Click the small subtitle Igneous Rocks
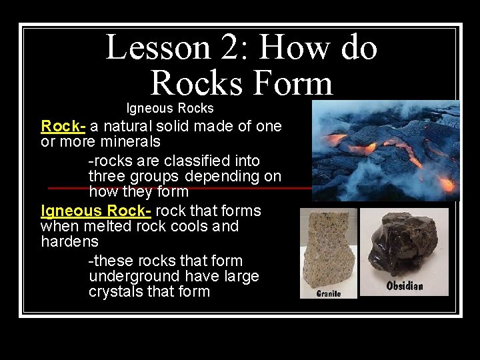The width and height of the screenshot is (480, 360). click(x=170, y=108)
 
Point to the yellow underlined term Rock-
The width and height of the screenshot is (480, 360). click(x=63, y=126)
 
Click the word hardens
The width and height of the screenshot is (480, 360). click(x=69, y=241)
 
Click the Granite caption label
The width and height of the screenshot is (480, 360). click(x=329, y=293)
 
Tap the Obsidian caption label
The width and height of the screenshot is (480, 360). click(x=405, y=286)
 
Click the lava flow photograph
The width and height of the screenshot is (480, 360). click(x=385, y=150)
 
